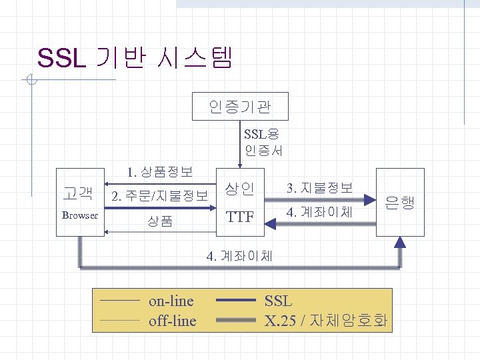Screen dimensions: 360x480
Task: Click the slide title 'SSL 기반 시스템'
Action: pyautogui.click(x=135, y=58)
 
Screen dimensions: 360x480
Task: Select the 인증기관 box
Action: pyautogui.click(x=240, y=106)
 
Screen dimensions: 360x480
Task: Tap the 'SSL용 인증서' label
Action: pyautogui.click(x=263, y=142)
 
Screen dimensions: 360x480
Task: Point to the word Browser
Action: pyautogui.click(x=79, y=215)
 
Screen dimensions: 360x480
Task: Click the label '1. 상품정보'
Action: pyautogui.click(x=160, y=172)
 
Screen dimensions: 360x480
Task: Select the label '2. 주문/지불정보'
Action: pyautogui.click(x=160, y=196)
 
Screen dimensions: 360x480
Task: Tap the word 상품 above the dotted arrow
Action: pyautogui.click(x=160, y=221)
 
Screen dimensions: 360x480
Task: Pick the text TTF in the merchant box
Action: pyautogui.click(x=240, y=217)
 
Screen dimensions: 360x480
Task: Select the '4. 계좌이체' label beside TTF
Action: pyautogui.click(x=319, y=214)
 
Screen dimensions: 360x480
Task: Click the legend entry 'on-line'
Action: pyautogui.click(x=172, y=301)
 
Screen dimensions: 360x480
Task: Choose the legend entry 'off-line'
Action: pyautogui.click(x=172, y=321)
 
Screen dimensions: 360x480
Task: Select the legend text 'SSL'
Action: pyautogui.click(x=279, y=301)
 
